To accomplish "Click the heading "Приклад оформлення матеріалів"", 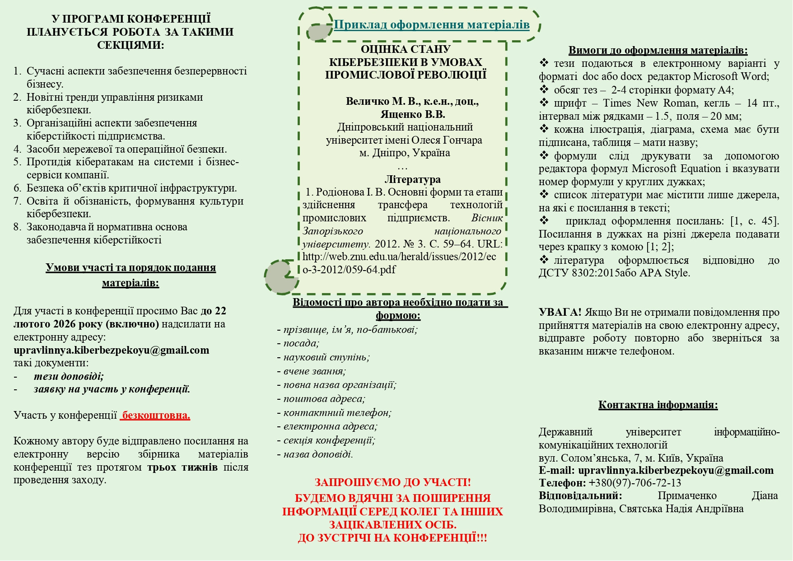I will point(431,24).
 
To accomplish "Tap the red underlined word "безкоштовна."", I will point(156,415).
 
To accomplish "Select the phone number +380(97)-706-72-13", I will point(635,483).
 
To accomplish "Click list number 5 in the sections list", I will point(17,162).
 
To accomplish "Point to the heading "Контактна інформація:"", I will point(658,405).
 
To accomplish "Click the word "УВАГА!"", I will point(560,312).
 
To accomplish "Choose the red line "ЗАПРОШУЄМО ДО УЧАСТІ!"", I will point(392,482).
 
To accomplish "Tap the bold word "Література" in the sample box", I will point(412,179).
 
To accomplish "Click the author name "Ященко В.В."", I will point(412,114).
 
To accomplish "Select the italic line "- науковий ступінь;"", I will point(324,357).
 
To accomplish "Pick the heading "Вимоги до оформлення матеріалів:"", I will point(658,50).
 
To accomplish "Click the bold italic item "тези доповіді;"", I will point(69,376).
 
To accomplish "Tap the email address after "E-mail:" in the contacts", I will point(676,470).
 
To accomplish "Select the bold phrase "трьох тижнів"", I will point(182,467).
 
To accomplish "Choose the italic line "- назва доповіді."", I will point(316,454).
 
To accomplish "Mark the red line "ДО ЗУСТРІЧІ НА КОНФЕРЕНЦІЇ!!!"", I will point(392,538).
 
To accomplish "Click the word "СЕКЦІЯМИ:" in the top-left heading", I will point(131,45).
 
